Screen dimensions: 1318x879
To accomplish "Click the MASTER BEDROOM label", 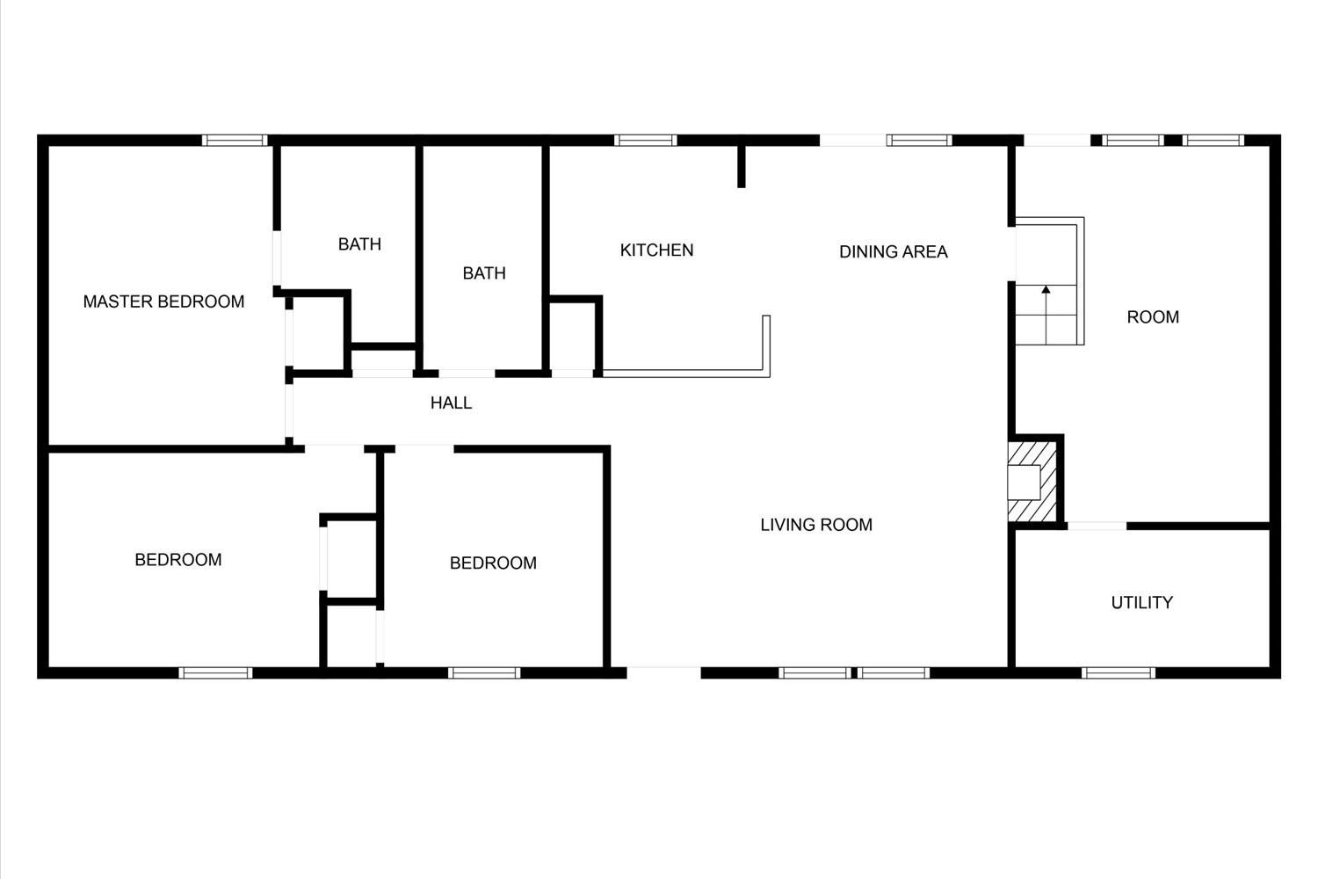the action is (163, 301).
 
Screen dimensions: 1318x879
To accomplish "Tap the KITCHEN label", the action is (656, 251).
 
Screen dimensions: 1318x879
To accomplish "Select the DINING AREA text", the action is (894, 252).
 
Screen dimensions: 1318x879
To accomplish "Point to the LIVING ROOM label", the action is (816, 525).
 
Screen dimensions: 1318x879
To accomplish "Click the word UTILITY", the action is (1142, 602).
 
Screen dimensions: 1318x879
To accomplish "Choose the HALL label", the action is (451, 403).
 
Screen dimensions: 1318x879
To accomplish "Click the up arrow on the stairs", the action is (1046, 315).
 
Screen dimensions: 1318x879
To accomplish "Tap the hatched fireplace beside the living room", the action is (1032, 482).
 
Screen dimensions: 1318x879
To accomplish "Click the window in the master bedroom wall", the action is (235, 140).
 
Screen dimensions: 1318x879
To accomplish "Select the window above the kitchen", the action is (646, 140).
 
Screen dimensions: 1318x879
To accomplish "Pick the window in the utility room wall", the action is (1118, 673).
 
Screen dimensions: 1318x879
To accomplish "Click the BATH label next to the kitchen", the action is (484, 273).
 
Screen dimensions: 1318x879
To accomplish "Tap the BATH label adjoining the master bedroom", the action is (359, 244).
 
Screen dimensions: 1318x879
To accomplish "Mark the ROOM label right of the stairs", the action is (1153, 317).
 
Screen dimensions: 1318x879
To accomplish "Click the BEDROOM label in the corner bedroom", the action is (178, 559).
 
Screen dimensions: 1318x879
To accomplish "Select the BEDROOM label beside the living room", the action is (493, 563).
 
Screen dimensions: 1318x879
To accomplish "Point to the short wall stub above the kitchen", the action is (742, 167).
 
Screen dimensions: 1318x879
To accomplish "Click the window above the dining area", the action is (919, 140).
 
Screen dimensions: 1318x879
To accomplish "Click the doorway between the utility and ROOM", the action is (1097, 526).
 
